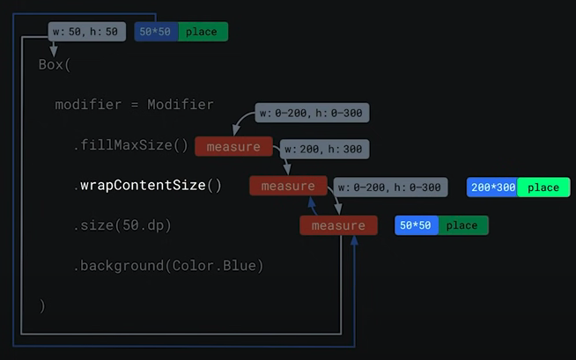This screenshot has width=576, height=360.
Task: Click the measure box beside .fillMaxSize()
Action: [x=233, y=147]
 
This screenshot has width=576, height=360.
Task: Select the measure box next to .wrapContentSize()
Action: [x=288, y=186]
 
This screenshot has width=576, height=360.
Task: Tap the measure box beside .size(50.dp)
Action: [x=338, y=225]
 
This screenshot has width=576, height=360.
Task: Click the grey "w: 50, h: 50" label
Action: [x=85, y=33]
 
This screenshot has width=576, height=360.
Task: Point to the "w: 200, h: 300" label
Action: [x=322, y=150]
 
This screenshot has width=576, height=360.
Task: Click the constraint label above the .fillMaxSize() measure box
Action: [x=312, y=113]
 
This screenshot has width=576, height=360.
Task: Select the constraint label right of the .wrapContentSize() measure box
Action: [x=389, y=187]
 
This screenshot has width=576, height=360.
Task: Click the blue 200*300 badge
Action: [x=491, y=187]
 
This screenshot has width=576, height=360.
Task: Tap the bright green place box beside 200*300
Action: [x=543, y=187]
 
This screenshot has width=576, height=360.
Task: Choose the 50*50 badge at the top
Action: [x=156, y=33]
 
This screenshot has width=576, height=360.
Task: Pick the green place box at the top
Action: [x=203, y=33]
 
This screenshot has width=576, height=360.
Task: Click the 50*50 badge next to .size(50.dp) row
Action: [x=416, y=225]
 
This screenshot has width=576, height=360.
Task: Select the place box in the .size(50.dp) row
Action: [x=462, y=225]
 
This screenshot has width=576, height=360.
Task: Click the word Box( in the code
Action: [x=55, y=65]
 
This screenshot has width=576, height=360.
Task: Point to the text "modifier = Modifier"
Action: [x=134, y=105]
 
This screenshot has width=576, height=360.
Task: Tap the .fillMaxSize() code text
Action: [x=130, y=145]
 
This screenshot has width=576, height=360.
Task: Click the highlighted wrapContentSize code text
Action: [x=151, y=186]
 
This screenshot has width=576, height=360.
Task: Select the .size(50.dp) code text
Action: [x=122, y=225]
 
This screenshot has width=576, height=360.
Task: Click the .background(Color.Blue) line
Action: [x=168, y=265]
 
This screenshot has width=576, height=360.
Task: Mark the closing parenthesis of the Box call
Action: [x=41, y=305]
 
